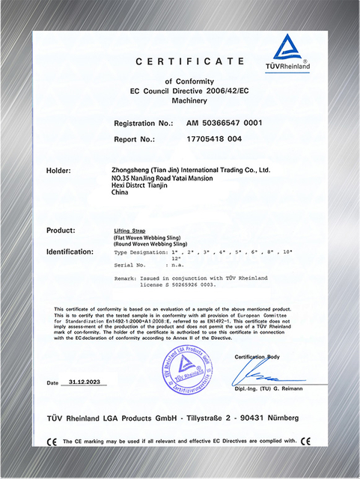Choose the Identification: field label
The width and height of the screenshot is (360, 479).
tap(74, 251)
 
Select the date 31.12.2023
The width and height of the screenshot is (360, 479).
tap(82, 382)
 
